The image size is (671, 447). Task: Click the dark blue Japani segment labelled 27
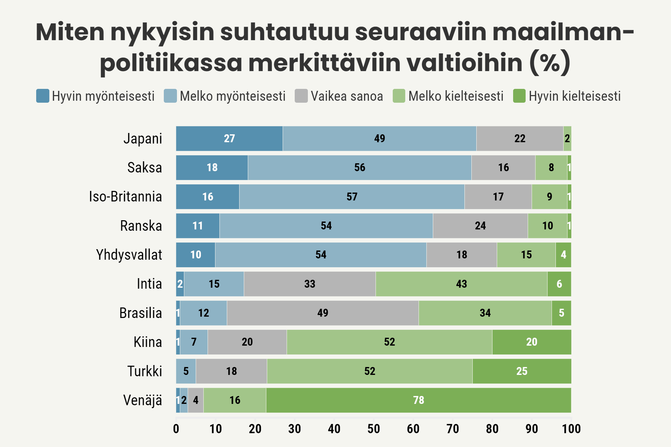point(229,139)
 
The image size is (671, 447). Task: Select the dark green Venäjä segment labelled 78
point(418,400)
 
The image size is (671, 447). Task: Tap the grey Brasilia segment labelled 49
point(323,313)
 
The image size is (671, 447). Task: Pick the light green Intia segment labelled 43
point(461,284)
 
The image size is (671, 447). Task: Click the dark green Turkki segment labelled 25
point(522,371)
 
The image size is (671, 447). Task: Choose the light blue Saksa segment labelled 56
point(360,168)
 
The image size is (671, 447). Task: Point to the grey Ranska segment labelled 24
point(480,226)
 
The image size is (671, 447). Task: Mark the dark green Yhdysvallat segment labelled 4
point(563,255)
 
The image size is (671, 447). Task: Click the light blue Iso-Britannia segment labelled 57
point(352,197)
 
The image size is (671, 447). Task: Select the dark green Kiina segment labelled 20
point(532,342)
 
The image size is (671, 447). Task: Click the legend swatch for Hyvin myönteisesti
point(43,96)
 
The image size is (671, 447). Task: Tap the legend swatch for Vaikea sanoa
point(301,96)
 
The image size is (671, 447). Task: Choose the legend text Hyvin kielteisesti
point(575,96)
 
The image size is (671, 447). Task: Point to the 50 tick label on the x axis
point(374,429)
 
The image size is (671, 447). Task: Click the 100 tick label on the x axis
point(571,429)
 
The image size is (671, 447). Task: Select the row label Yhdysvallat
point(129,255)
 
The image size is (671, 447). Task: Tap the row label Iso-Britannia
point(125,197)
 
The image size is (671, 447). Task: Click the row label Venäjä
point(142,400)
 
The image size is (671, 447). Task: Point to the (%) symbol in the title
point(550,63)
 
